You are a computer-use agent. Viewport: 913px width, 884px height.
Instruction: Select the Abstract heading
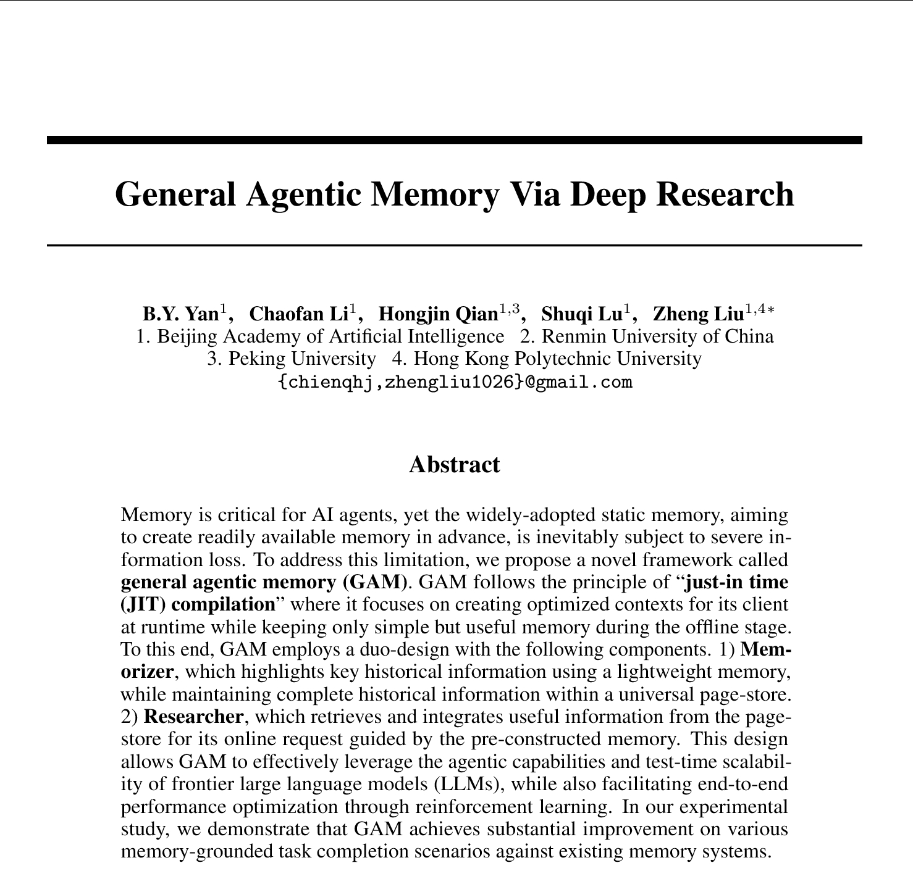tap(454, 465)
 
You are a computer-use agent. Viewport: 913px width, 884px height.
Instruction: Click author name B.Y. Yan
tap(180, 314)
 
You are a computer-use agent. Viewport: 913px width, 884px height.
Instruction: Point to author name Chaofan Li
tap(298, 314)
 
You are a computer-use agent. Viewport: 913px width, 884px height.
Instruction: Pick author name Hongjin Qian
tap(437, 314)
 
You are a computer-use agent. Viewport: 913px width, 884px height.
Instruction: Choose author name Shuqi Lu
tap(581, 314)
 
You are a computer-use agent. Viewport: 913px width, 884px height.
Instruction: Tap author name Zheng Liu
tap(698, 314)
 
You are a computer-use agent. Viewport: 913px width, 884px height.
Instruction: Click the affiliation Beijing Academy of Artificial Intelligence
tap(330, 336)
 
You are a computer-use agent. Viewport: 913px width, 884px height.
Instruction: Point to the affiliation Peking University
tap(301, 359)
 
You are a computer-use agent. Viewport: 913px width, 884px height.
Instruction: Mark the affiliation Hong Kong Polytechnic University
tap(557, 359)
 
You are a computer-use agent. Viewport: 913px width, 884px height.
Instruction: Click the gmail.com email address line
tap(455, 382)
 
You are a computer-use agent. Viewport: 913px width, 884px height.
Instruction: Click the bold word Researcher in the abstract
tap(193, 717)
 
